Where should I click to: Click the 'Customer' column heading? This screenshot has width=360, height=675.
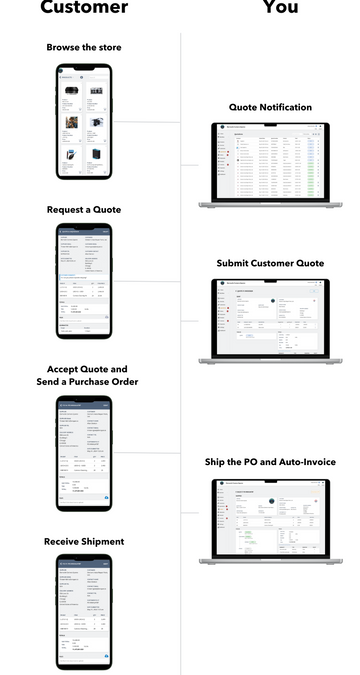coord(84,8)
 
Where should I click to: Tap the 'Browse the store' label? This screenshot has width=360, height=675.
coord(84,47)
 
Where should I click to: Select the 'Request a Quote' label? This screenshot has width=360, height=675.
coord(84,210)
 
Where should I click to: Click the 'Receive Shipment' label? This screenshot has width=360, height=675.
coord(84,541)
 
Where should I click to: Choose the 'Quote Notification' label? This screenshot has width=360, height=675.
coord(270,107)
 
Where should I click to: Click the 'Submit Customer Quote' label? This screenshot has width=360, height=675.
coord(270,263)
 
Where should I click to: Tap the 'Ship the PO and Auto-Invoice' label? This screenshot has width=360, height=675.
coord(270,462)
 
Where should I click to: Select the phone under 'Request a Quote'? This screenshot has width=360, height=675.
coord(84,287)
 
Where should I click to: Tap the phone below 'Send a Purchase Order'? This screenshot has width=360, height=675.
coord(84,452)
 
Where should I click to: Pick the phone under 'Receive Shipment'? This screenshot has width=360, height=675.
coord(84,611)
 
